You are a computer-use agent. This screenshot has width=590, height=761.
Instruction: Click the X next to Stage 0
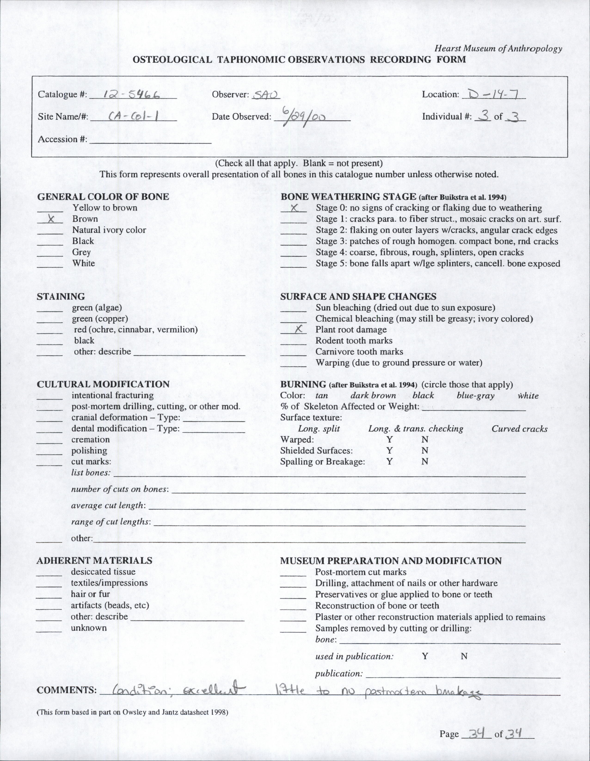click(294, 208)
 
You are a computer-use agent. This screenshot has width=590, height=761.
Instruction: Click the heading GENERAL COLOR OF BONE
click(103, 196)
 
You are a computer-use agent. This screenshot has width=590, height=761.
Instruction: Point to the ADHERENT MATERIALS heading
click(95, 561)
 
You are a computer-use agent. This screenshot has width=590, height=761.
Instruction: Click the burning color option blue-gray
click(475, 395)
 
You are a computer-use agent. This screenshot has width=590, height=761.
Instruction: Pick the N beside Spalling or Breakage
click(424, 462)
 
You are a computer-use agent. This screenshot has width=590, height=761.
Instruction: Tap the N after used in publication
click(464, 657)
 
